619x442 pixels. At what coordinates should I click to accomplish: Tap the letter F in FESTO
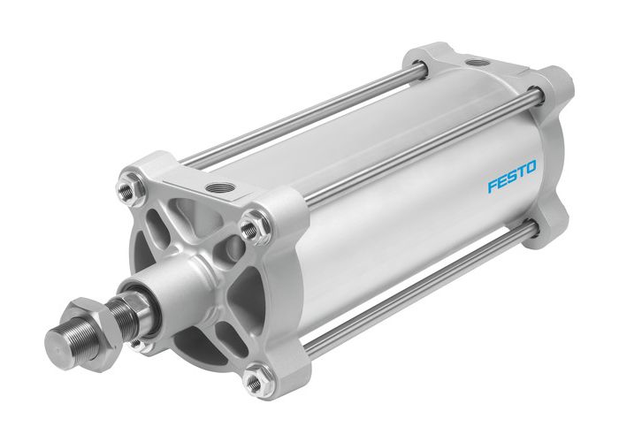click(493, 187)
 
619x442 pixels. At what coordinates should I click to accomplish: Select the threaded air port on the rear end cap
click(479, 64)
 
